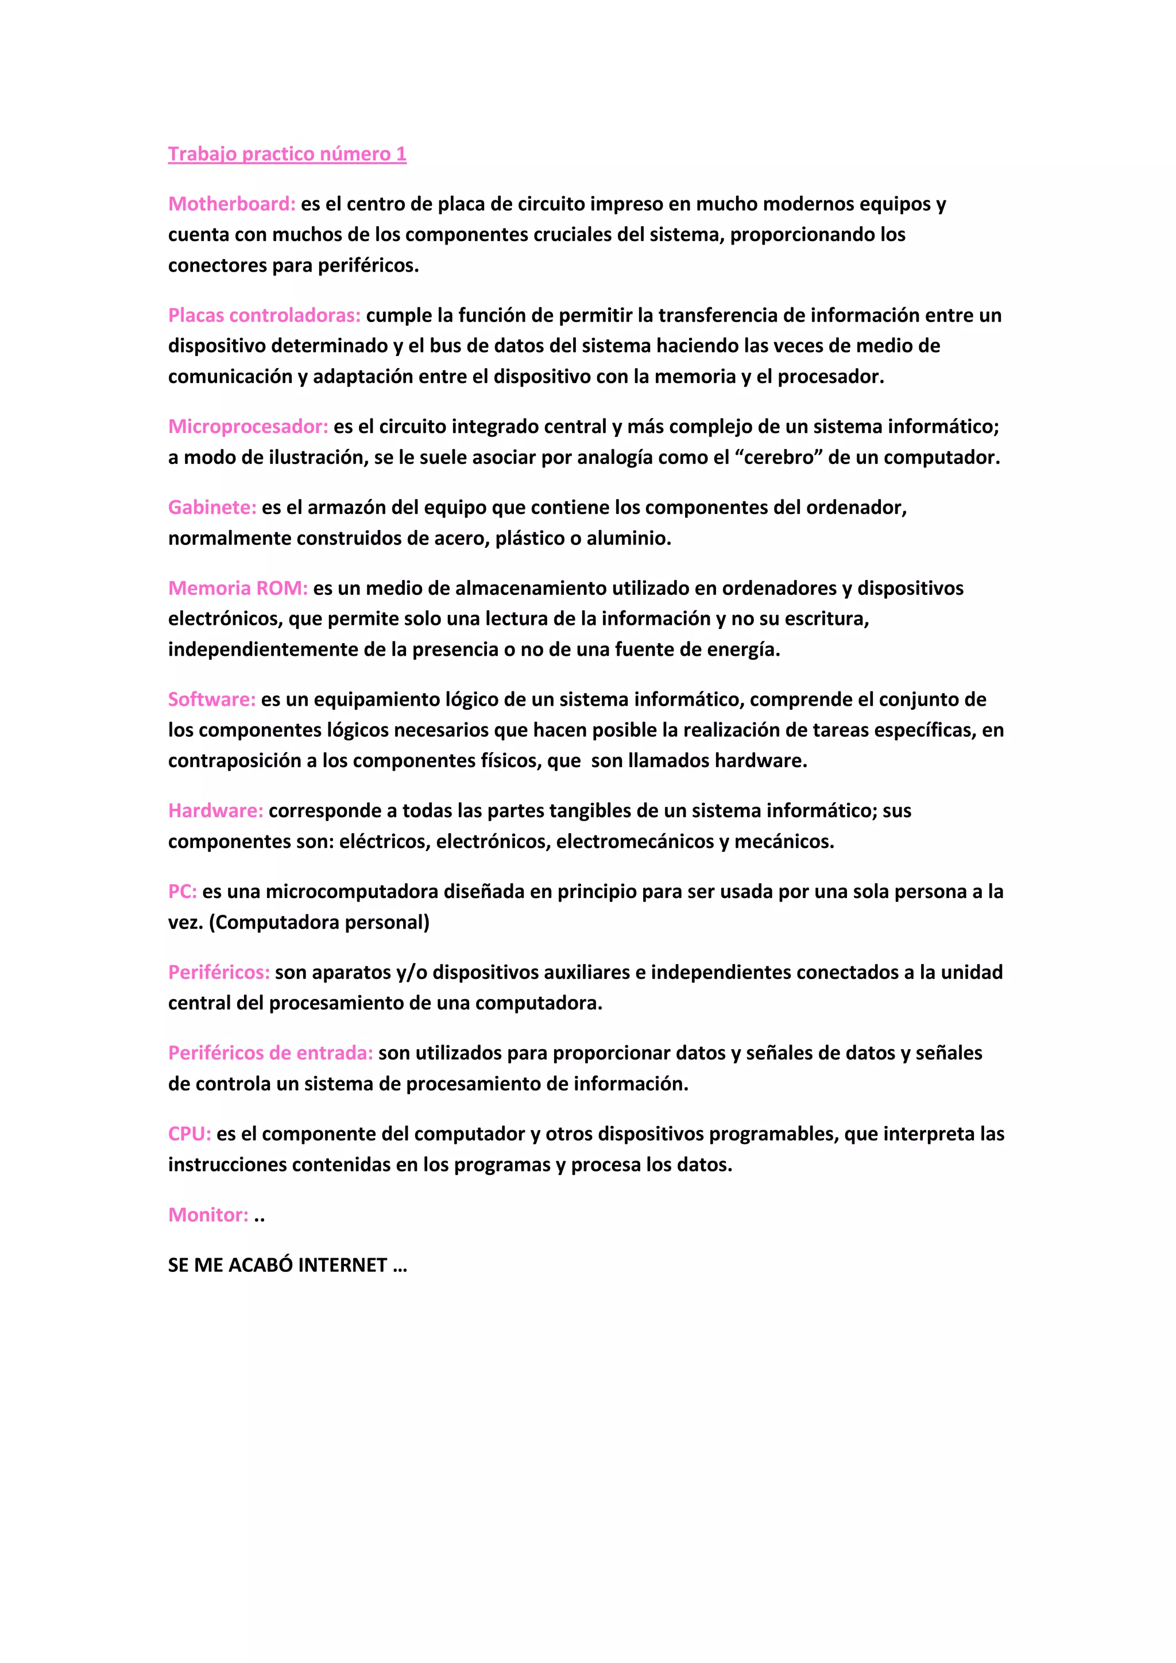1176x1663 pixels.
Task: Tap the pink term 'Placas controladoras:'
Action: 264,316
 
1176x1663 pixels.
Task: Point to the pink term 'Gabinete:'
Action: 212,508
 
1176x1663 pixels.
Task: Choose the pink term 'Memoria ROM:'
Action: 238,588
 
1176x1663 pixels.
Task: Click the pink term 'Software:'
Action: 211,699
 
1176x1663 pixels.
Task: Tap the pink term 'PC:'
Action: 183,892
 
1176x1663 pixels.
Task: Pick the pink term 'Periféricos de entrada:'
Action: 270,1053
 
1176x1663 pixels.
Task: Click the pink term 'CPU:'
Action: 189,1134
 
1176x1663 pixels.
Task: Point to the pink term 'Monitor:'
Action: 208,1215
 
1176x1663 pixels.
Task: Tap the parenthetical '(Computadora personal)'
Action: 319,923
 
